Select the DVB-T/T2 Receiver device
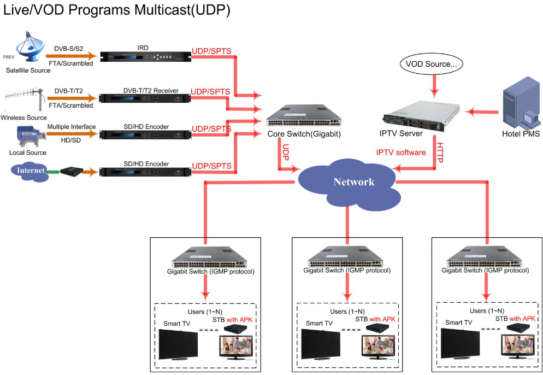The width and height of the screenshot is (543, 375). (x=144, y=99)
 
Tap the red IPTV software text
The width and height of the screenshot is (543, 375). (x=401, y=153)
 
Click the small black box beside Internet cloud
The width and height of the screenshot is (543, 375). (x=70, y=171)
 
